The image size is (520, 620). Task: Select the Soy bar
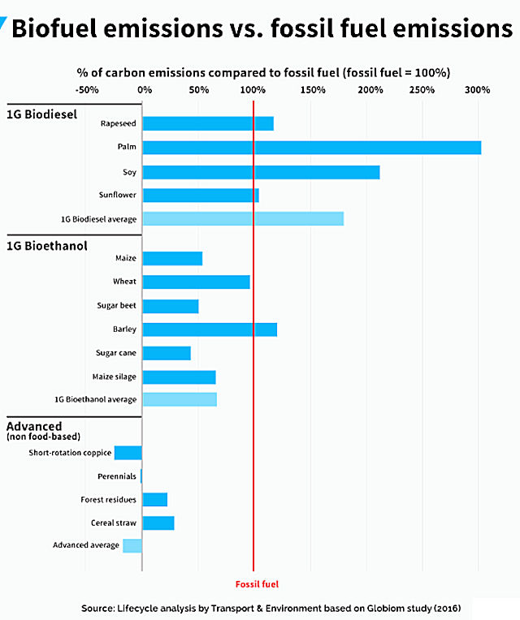point(261,172)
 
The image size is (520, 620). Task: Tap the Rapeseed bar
point(208,123)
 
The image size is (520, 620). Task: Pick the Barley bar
point(210,329)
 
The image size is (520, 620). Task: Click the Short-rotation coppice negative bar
point(128,453)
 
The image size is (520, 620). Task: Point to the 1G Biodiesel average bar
point(243,219)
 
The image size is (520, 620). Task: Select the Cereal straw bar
point(158,523)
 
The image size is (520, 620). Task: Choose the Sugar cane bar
point(167,353)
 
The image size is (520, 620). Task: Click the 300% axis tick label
point(478,89)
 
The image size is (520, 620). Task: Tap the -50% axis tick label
point(86,89)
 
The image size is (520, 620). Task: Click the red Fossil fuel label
point(257,583)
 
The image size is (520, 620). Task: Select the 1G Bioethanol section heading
point(47,245)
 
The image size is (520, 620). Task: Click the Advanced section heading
point(34,426)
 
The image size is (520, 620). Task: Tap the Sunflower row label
point(117,196)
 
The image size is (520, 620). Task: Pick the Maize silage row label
point(115,377)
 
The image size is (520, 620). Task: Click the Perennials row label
point(117,476)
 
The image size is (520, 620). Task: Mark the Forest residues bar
point(154,499)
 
